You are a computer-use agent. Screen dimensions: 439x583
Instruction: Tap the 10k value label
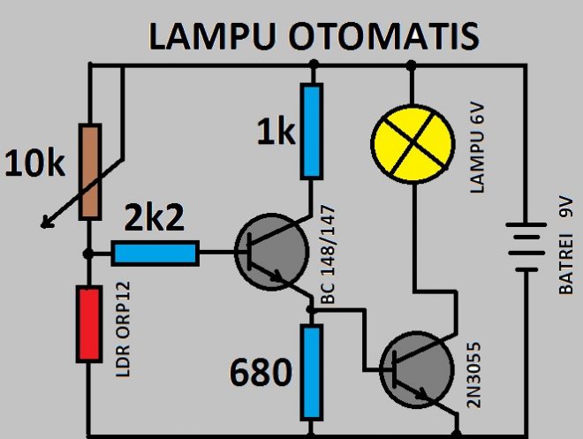[x=35, y=163]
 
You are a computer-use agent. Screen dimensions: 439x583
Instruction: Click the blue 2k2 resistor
[x=155, y=254]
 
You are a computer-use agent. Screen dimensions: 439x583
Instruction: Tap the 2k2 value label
[x=155, y=217]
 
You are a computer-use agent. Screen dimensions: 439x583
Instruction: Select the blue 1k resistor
[x=310, y=131]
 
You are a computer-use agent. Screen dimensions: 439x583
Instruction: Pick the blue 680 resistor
[x=310, y=371]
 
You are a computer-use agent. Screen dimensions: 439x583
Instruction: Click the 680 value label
[x=261, y=374]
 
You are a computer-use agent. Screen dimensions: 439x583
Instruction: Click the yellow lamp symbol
[x=410, y=142]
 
